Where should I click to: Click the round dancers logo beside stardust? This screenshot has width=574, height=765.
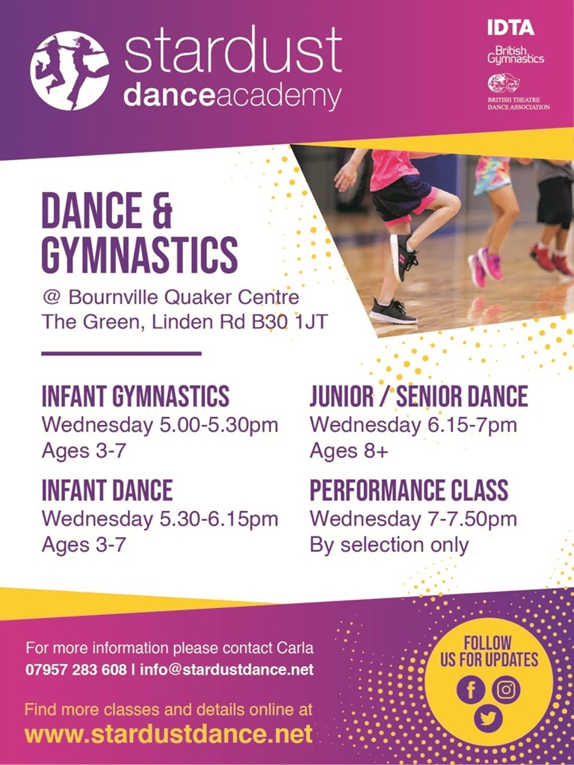pyautogui.click(x=70, y=70)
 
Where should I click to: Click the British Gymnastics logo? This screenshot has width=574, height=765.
pyautogui.click(x=516, y=55)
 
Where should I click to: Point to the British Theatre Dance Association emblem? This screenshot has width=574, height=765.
pyautogui.click(x=503, y=84)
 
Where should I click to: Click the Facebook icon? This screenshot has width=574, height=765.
pyautogui.click(x=471, y=690)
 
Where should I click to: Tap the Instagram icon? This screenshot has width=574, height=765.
pyautogui.click(x=506, y=690)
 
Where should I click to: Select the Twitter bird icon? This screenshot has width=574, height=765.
pyautogui.click(x=488, y=719)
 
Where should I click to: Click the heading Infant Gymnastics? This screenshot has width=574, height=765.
pyautogui.click(x=135, y=396)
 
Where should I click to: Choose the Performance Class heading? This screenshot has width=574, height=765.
pyautogui.click(x=409, y=491)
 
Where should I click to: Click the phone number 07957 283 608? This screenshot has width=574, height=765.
pyautogui.click(x=75, y=669)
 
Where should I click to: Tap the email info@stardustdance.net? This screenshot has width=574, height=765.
pyautogui.click(x=226, y=669)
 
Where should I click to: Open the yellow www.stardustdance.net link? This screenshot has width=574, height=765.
pyautogui.click(x=168, y=734)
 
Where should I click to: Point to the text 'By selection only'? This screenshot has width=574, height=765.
pyautogui.click(x=389, y=545)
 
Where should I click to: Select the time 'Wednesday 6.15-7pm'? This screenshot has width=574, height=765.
pyautogui.click(x=413, y=424)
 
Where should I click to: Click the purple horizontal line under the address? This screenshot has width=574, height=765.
pyautogui.click(x=122, y=353)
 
